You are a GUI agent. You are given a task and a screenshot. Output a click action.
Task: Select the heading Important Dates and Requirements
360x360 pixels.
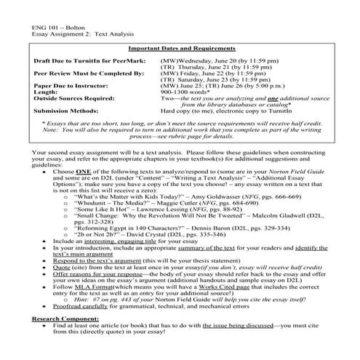coord(180,47)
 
